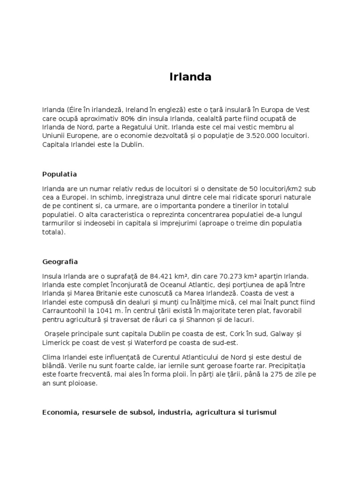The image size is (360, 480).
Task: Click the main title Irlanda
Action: [190, 77]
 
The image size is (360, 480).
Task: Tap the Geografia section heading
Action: [60, 262]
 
